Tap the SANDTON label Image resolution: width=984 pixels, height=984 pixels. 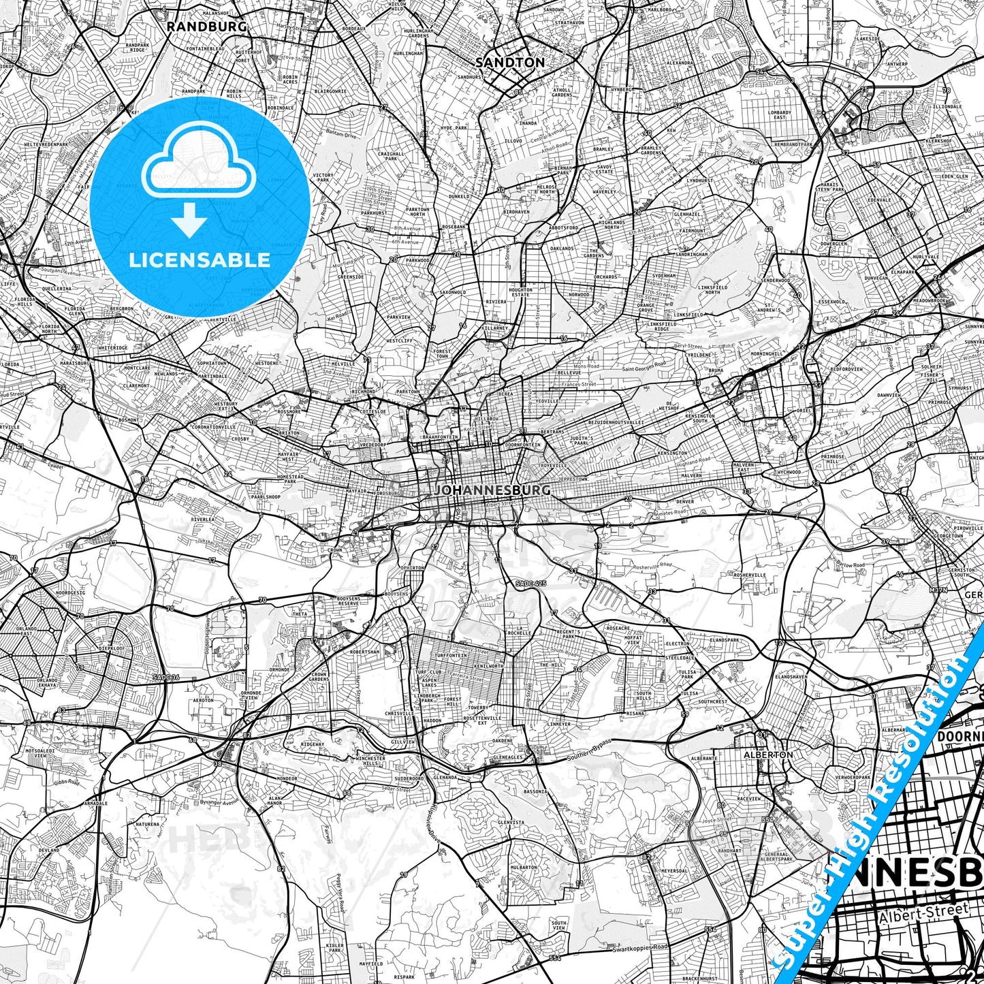[510, 63]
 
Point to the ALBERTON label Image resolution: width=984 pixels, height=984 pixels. [768, 755]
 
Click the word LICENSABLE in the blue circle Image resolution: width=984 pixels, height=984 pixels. [200, 260]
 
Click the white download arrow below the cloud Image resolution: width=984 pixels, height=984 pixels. [189, 221]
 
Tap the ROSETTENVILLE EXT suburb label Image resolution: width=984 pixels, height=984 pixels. [476, 720]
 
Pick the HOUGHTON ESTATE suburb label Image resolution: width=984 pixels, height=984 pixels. [521, 292]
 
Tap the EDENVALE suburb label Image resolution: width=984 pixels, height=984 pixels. [879, 200]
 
